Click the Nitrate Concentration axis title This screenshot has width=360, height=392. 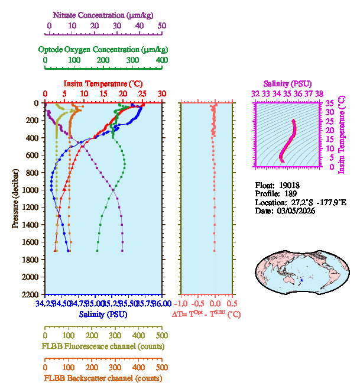tap(104, 14)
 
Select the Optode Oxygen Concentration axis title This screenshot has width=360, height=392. tap(103, 49)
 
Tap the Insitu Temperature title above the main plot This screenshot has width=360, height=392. tap(103, 84)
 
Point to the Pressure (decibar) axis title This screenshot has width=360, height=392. tap(15, 199)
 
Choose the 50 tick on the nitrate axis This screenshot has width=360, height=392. tap(162, 26)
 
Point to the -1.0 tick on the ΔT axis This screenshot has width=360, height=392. tap(181, 304)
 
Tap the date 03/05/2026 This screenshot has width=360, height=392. tap(294, 211)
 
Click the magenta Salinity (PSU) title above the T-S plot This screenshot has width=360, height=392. tap(286, 84)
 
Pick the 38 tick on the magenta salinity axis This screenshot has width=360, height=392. tap(319, 93)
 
